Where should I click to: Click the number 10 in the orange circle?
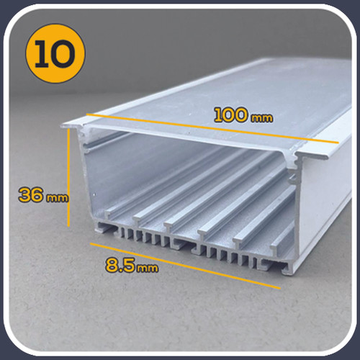coord(55,54)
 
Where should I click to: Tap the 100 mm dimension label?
coord(243,116)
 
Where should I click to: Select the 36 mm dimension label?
coord(43,195)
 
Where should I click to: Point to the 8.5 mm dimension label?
coord(132,265)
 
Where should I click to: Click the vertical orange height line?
coord(68,178)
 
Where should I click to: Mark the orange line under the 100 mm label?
coord(212,128)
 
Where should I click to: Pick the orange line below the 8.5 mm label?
coord(185,266)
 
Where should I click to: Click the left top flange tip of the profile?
coord(63,125)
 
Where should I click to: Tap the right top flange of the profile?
coord(312,155)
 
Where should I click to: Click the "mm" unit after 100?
coord(262,118)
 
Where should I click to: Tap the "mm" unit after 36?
coord(58,198)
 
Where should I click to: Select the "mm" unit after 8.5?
coord(148,268)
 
